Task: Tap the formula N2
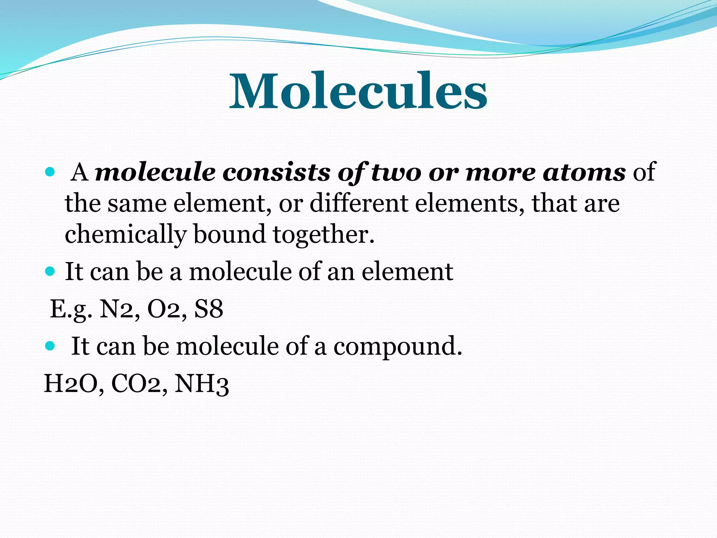[x=119, y=309]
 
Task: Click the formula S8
[x=209, y=309]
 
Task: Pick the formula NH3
[x=202, y=384]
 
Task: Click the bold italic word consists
[x=277, y=172]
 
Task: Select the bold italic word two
[x=396, y=172]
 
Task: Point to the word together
[x=323, y=235]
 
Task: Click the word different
[x=358, y=204]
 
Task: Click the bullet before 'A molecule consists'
[x=50, y=172]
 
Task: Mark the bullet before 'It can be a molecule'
[x=50, y=271]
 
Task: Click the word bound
[x=229, y=235]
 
